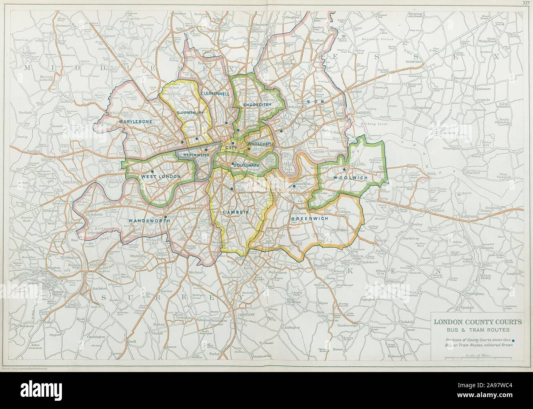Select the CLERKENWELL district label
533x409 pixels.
[x=215, y=94]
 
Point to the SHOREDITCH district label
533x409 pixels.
[x=257, y=105]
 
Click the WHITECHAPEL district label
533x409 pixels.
[x=261, y=144]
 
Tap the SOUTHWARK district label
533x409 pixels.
[x=246, y=165]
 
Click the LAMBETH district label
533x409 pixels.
[x=235, y=212]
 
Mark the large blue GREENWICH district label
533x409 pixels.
[x=310, y=219]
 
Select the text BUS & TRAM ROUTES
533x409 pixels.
[x=478, y=330]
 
